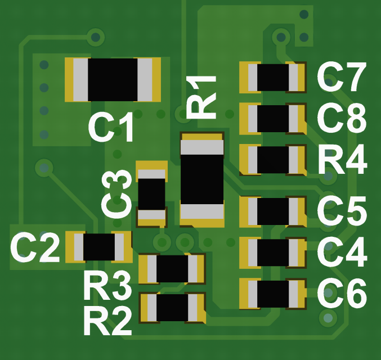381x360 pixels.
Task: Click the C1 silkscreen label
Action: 112,128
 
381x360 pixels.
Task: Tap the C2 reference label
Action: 35,248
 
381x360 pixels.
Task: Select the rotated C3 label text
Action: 118,195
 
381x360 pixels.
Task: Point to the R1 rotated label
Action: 201,96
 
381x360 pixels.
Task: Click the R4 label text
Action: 342,160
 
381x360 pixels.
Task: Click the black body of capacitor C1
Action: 113,79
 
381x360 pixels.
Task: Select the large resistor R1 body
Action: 202,179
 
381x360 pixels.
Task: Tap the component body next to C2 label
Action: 99,247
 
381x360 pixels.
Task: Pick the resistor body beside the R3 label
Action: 172,268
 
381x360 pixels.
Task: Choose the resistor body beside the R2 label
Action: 172,308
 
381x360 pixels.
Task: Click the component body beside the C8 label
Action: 273,118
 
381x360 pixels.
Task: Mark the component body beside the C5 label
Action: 273,211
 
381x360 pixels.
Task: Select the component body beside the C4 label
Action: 273,253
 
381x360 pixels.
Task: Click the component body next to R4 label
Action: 273,160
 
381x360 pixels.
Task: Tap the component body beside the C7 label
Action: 273,77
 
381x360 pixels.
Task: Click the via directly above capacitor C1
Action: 96,38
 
